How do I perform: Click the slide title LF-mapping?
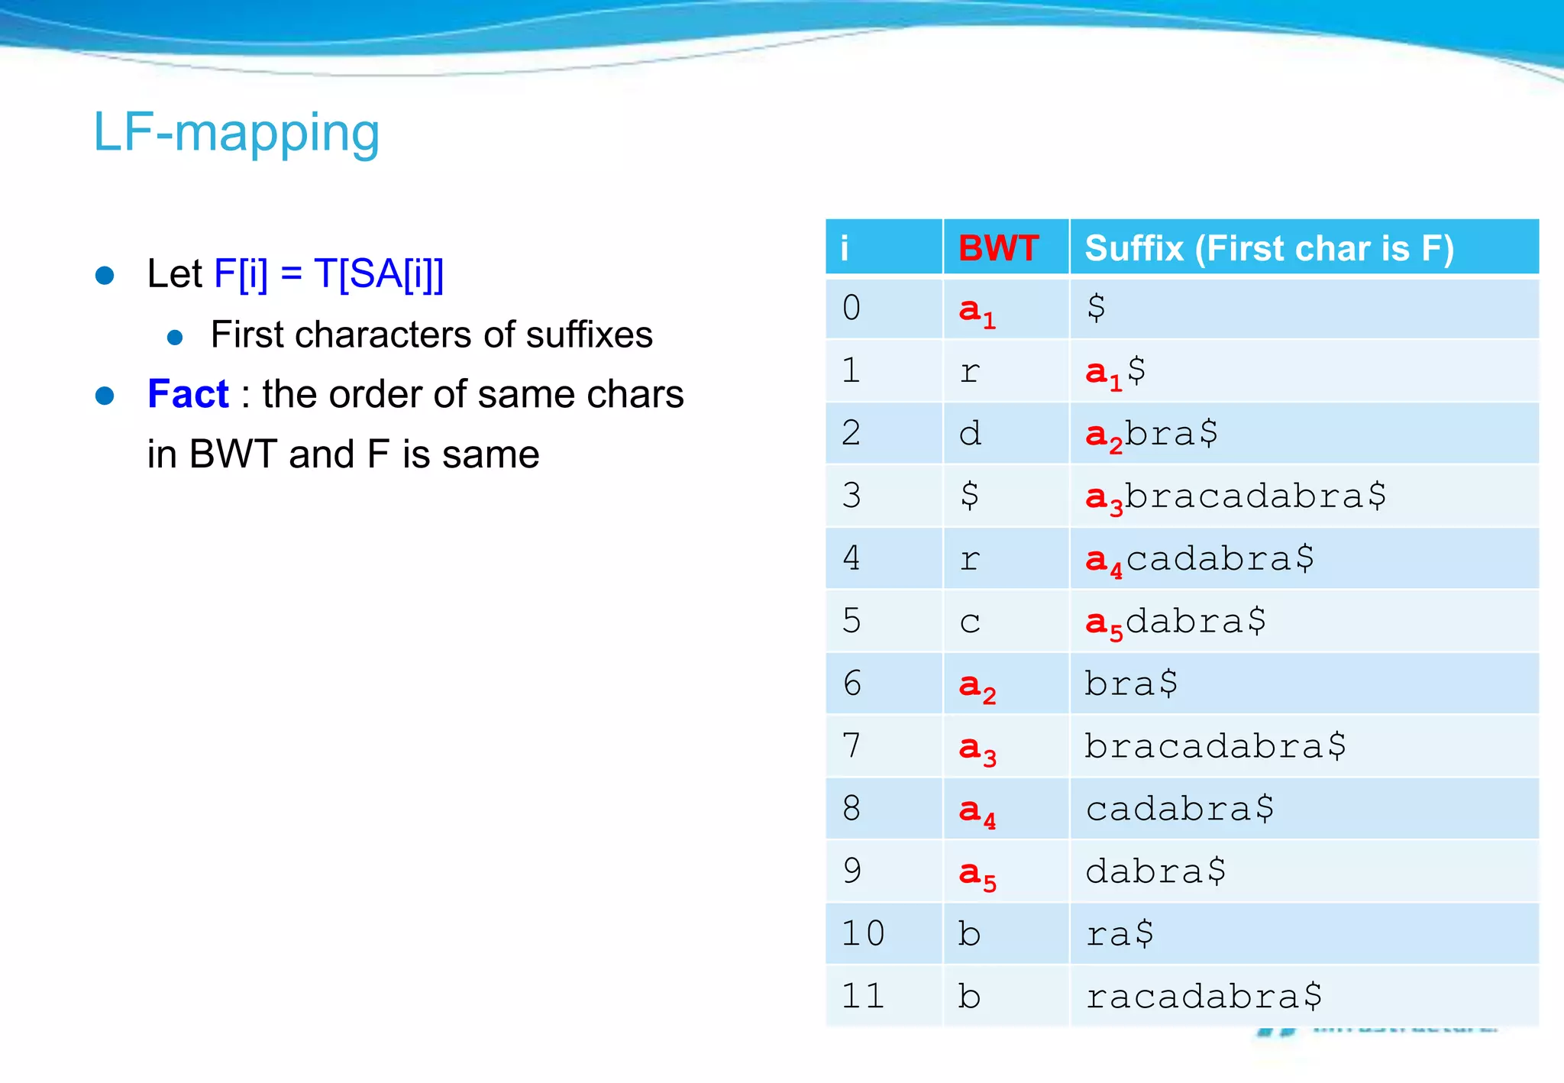pyautogui.click(x=236, y=133)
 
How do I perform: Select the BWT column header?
pyautogui.click(x=998, y=248)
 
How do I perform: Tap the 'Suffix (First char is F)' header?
pyautogui.click(x=1268, y=248)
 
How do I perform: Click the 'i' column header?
pyautogui.click(x=845, y=248)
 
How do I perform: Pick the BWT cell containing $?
pyautogui.click(x=969, y=496)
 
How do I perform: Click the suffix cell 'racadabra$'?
pyautogui.click(x=1204, y=996)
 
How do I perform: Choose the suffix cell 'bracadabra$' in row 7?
pyautogui.click(x=1215, y=745)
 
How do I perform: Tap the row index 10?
pyautogui.click(x=863, y=933)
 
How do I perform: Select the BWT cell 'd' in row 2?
pyautogui.click(x=970, y=434)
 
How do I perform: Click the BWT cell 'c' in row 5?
pyautogui.click(x=970, y=622)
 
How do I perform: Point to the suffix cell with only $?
pyautogui.click(x=1096, y=308)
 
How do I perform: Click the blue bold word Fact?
pyautogui.click(x=188, y=394)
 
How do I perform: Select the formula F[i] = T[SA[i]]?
pyautogui.click(x=329, y=273)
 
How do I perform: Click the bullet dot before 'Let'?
pyautogui.click(x=105, y=275)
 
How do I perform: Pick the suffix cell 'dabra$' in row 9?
pyautogui.click(x=1155, y=871)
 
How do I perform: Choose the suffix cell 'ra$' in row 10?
pyautogui.click(x=1120, y=933)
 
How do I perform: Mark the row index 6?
pyautogui.click(x=852, y=683)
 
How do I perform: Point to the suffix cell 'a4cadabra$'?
pyautogui.click(x=1200, y=559)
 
